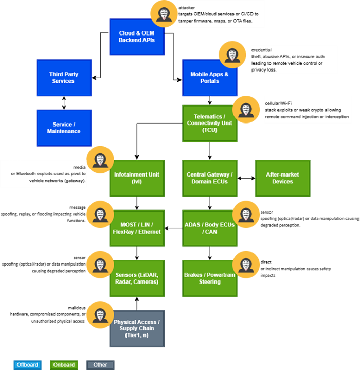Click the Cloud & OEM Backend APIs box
pos(136,37)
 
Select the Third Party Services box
pos(63,78)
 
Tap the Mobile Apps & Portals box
pos(210,78)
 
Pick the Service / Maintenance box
pos(63,128)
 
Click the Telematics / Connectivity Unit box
pos(210,124)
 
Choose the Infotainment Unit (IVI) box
pos(136,178)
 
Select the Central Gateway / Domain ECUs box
pos(210,178)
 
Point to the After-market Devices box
pos(282,178)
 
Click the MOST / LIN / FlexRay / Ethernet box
pos(136,228)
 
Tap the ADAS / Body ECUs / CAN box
pos(210,228)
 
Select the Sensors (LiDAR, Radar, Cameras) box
pos(136,278)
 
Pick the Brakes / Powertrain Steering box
pos(210,278)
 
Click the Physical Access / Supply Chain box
pos(136,329)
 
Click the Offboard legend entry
pos(27,365)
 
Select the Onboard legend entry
pos(64,365)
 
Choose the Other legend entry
pos(100,365)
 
